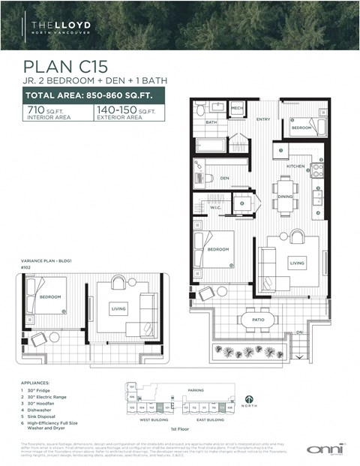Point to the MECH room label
pos(237,109)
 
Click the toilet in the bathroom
pos(200,110)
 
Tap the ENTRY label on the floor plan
pos(262,119)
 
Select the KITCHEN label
pos(295,166)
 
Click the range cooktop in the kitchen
pos(316,170)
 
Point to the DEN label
pos(224,179)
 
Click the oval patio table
pos(258,319)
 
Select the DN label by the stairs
pos(299,332)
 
